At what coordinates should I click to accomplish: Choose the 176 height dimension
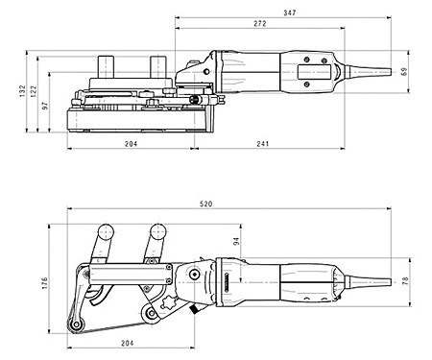pos(45,286)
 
